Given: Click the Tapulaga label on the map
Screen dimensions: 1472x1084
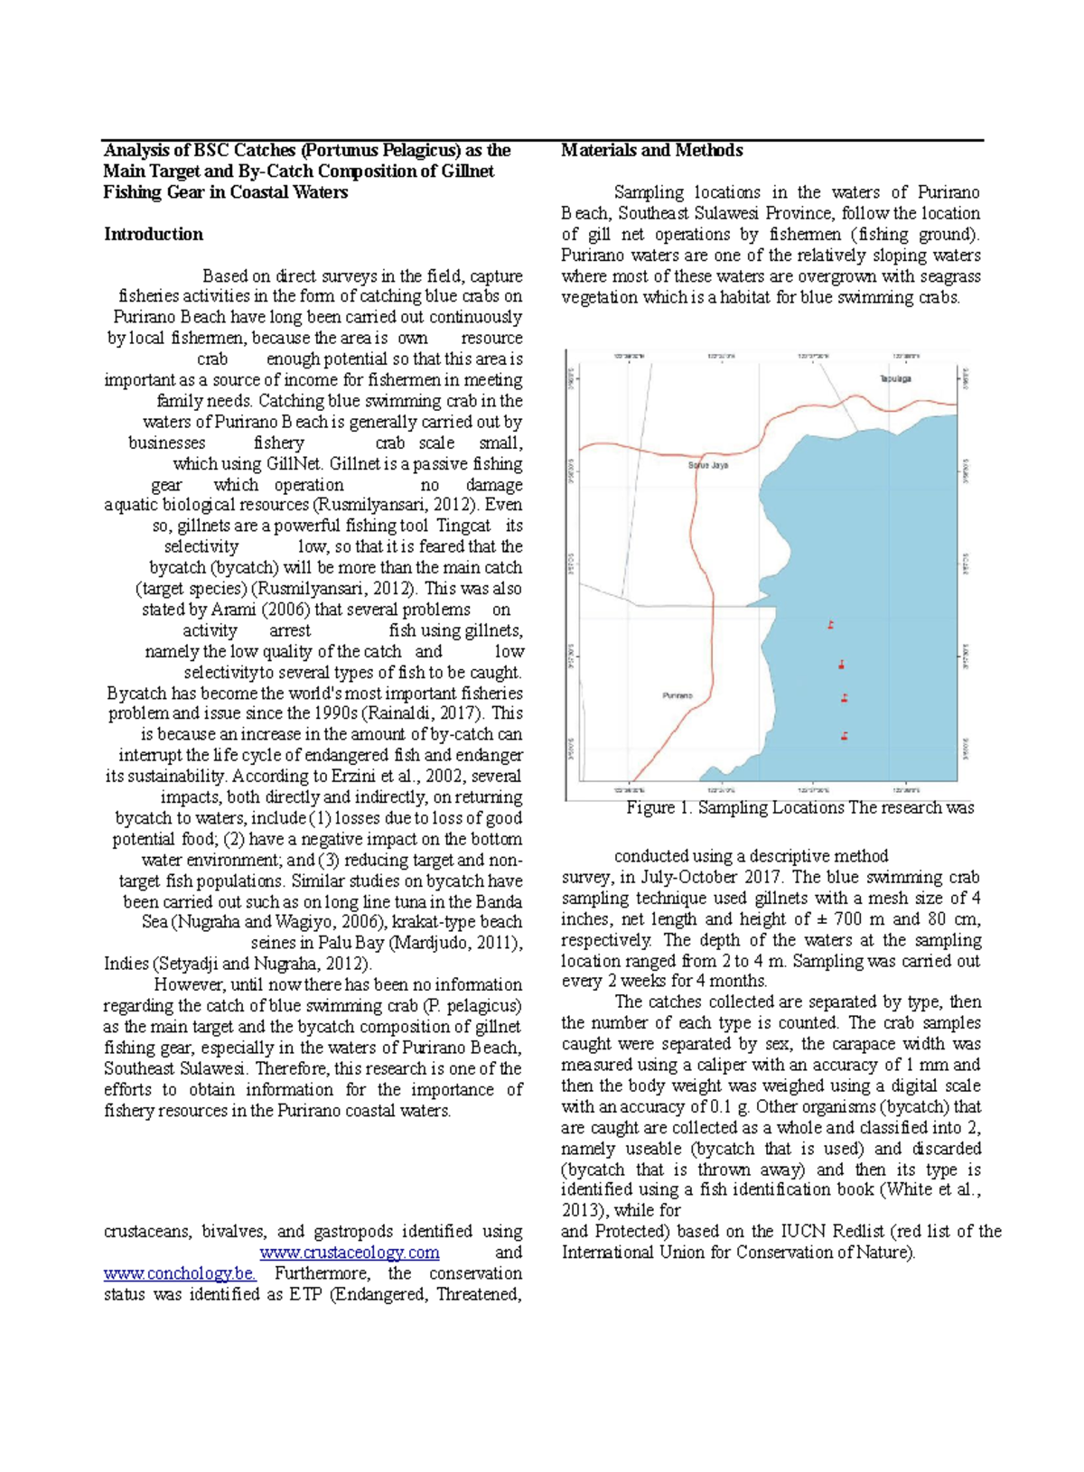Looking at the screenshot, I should pyautogui.click(x=895, y=378).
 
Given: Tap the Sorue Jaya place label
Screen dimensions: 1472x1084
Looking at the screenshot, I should pyautogui.click(x=708, y=466).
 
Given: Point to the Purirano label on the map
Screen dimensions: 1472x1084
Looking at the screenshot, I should pyautogui.click(x=677, y=695).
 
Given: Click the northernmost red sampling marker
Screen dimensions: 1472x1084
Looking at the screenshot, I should pyautogui.click(x=830, y=625).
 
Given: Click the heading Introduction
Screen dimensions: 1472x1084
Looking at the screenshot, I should pyautogui.click(x=154, y=235).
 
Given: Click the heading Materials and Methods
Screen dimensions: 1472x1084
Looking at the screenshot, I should pyautogui.click(x=651, y=151).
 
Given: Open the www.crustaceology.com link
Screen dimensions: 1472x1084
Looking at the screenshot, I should pyautogui.click(x=350, y=1253).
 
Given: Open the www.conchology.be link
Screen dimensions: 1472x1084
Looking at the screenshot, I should pyautogui.click(x=180, y=1273).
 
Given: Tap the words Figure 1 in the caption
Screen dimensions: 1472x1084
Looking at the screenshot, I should pyautogui.click(x=657, y=808).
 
